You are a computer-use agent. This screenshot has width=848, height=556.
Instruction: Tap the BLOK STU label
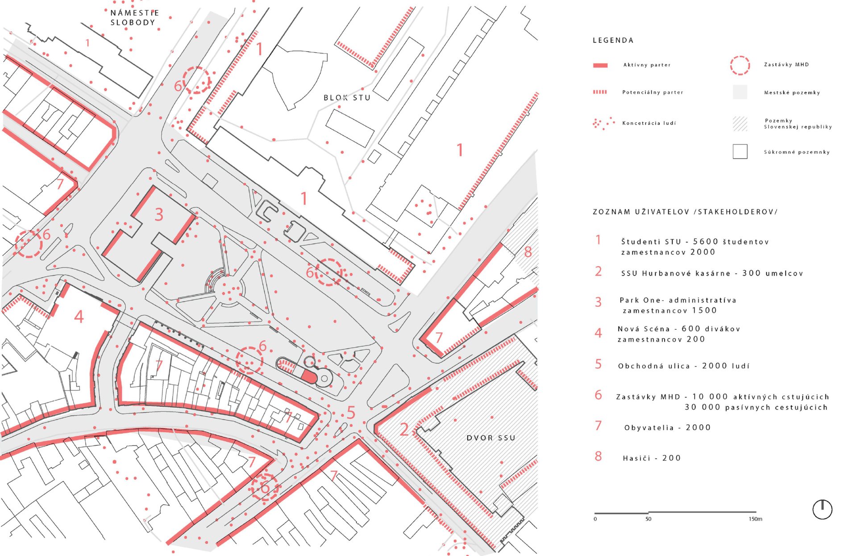point(347,97)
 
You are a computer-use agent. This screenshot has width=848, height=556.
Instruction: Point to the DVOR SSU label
point(491,438)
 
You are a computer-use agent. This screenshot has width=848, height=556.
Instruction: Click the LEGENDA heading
point(613,40)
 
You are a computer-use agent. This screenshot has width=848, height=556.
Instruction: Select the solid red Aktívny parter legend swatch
point(600,65)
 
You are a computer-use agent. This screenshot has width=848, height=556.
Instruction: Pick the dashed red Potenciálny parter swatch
point(600,92)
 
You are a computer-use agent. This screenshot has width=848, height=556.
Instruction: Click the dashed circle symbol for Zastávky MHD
point(740,65)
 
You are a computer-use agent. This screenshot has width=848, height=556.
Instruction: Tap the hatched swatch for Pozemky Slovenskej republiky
point(740,124)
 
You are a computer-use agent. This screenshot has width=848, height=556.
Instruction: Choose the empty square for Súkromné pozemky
point(740,151)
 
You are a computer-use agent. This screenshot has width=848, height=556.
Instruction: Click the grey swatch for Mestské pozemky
point(740,92)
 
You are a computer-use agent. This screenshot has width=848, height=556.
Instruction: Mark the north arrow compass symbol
point(822,509)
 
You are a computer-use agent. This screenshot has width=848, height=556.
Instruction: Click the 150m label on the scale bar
point(756,519)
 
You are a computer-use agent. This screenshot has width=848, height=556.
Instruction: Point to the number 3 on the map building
point(159,215)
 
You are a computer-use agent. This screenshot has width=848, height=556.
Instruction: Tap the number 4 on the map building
point(79,317)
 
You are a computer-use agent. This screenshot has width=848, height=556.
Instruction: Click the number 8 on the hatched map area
point(528,252)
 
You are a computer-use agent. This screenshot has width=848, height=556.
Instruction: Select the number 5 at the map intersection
point(351,412)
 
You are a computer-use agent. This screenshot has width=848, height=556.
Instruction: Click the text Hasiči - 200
point(652,458)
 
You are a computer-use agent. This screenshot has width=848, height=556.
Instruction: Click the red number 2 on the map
point(404,430)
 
